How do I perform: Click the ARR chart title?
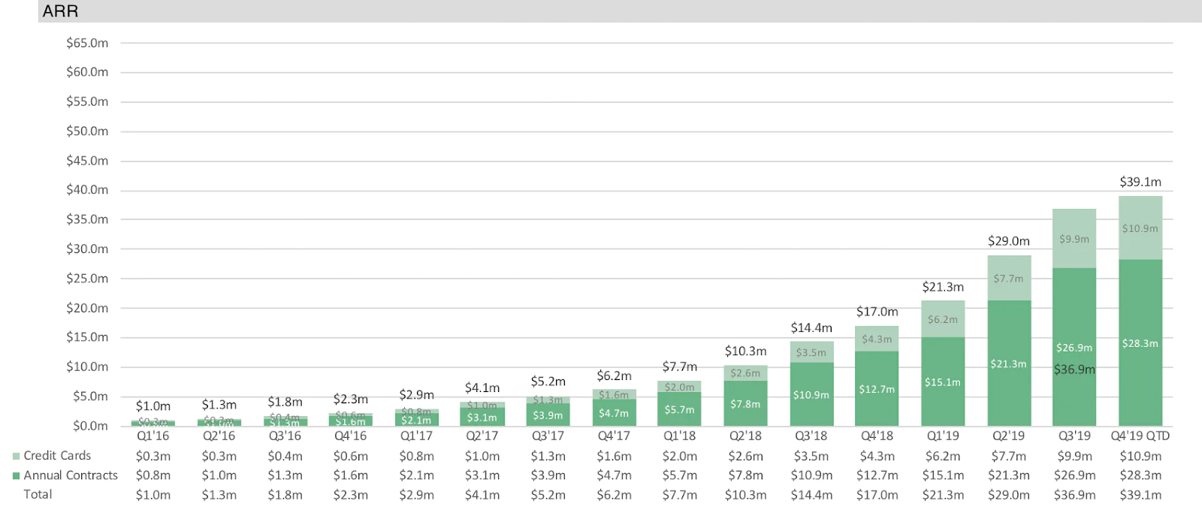coord(60,11)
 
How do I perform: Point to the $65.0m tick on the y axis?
coord(87,43)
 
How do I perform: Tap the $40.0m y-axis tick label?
coord(87,190)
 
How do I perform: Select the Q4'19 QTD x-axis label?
coord(1140,436)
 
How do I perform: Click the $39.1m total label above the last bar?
coord(1140,182)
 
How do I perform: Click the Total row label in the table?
coord(38,495)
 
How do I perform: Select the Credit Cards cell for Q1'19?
coord(943,456)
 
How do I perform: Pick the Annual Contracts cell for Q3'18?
coord(811,475)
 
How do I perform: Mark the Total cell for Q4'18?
coord(877,495)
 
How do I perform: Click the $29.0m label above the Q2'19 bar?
coord(1008,241)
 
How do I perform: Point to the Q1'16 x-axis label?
coord(153,436)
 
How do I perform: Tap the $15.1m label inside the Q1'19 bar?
coord(942,382)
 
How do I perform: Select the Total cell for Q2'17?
coord(482,495)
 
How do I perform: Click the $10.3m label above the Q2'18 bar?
coord(745,351)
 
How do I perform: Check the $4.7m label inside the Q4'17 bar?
coord(614,413)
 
